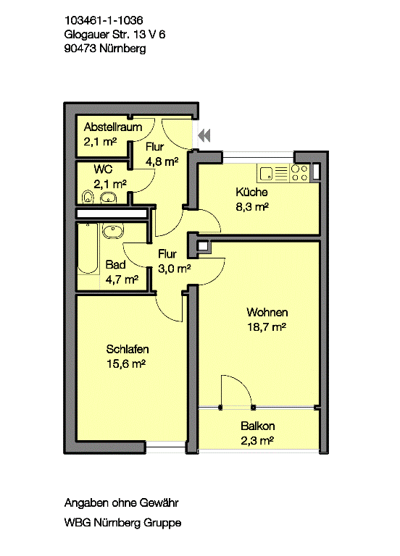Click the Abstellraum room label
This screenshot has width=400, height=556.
tap(113, 127)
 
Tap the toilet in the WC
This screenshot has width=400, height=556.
tap(87, 197)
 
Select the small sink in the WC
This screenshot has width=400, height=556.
tap(108, 198)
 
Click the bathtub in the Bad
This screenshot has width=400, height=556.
tap(88, 248)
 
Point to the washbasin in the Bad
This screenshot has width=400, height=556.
tap(113, 231)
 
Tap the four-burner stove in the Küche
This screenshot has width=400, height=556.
tap(299, 174)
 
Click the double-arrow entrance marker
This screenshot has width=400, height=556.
tap(204, 135)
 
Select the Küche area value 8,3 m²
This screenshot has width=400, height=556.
tap(252, 207)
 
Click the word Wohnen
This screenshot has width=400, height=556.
tap(267, 313)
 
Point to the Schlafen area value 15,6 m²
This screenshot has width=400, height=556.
tap(126, 364)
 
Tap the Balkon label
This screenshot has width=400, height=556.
tap(258, 426)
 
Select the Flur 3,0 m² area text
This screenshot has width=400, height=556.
tap(174, 269)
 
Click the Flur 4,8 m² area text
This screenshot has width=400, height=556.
tap(162, 161)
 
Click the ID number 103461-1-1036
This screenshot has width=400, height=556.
tap(104, 20)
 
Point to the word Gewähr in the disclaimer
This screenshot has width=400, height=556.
tap(159, 503)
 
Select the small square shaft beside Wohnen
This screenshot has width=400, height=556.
tap(203, 245)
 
